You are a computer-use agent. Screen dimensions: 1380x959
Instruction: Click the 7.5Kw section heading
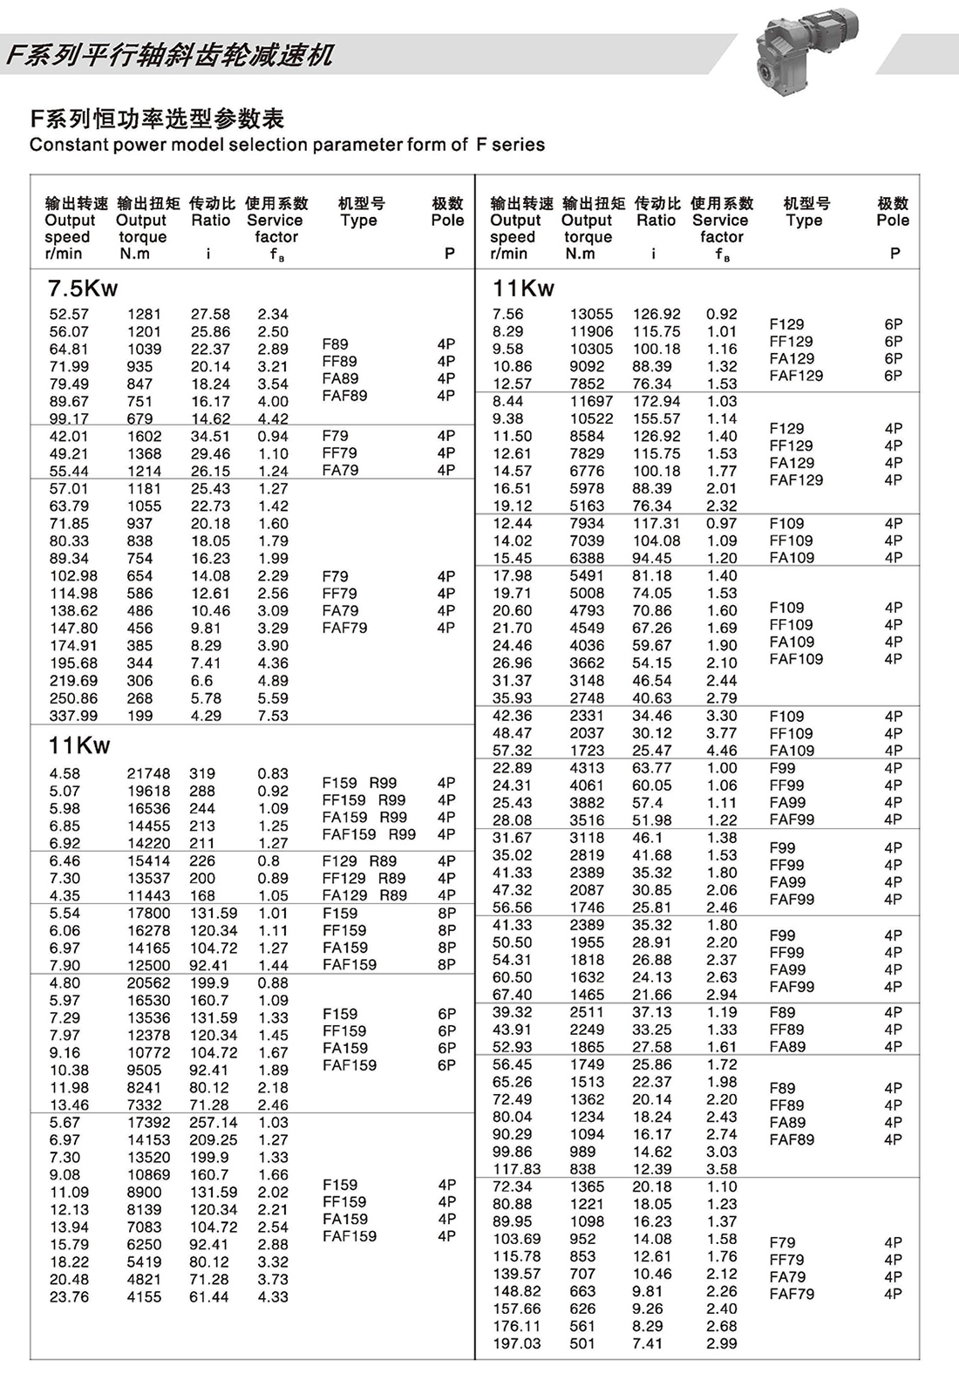83,289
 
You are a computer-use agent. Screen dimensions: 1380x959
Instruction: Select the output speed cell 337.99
73,716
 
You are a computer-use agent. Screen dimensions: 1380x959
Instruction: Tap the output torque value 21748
149,773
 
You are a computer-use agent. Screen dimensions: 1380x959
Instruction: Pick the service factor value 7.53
273,716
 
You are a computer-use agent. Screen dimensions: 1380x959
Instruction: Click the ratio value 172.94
656,401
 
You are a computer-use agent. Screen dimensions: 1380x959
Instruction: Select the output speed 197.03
516,1343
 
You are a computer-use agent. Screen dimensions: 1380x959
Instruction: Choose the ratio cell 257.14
213,1122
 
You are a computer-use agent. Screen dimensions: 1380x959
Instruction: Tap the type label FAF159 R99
369,834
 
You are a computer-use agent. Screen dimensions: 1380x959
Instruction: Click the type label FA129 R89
364,895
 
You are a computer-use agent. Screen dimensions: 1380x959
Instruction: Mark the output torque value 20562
149,982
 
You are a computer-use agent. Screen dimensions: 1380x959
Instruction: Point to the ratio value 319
202,773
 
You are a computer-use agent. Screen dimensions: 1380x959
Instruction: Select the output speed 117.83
516,1169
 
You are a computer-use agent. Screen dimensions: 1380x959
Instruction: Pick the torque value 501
582,1343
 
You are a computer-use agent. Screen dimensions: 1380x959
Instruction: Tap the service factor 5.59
273,698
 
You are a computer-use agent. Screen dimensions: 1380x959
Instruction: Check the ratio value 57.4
648,803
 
